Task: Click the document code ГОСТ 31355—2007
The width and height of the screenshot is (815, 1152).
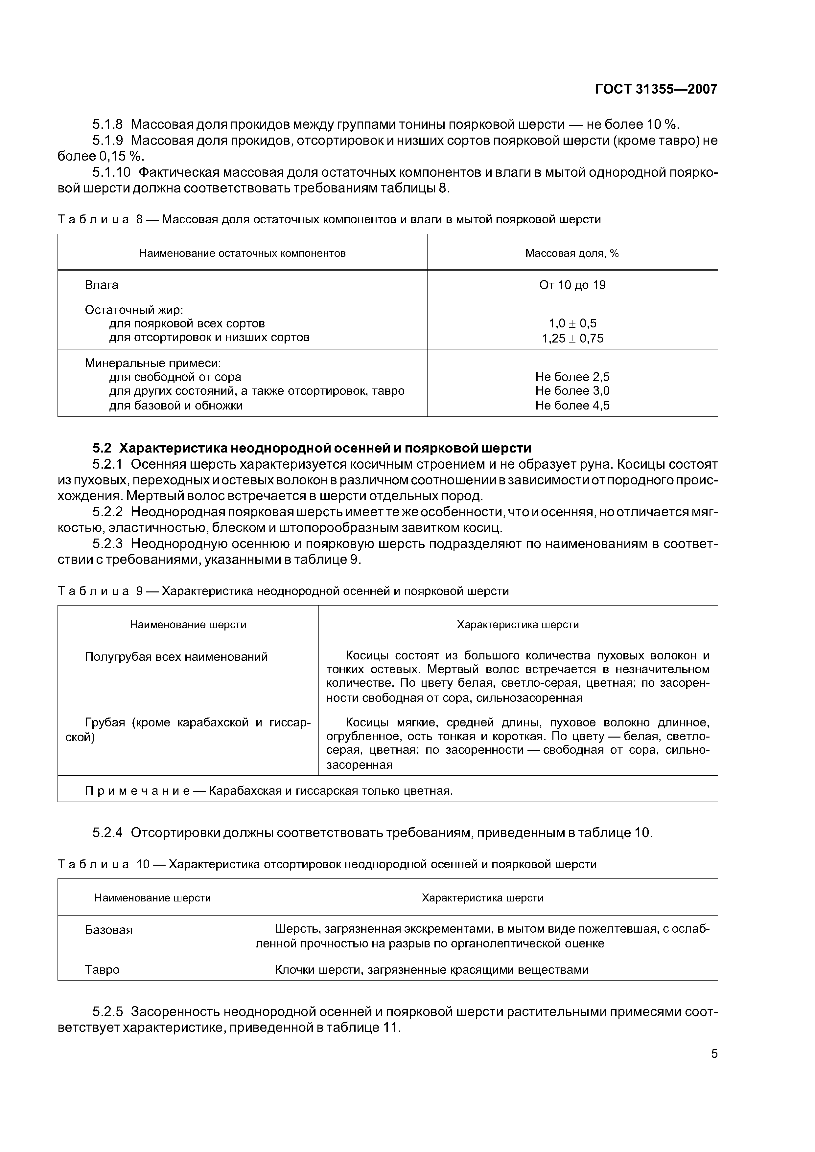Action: tap(656, 89)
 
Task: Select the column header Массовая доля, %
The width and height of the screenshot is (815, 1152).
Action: tap(572, 254)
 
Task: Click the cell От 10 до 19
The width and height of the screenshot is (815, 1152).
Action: tap(572, 285)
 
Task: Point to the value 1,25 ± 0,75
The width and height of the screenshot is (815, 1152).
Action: tap(572, 338)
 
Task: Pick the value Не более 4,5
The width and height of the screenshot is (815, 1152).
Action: tap(572, 406)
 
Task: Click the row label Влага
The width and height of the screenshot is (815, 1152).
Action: tap(102, 285)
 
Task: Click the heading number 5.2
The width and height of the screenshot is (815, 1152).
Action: tap(103, 448)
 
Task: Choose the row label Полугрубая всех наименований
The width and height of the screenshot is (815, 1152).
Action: tap(176, 656)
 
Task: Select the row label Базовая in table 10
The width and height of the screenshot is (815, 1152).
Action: tap(108, 930)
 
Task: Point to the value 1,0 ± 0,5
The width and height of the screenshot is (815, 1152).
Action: tap(572, 323)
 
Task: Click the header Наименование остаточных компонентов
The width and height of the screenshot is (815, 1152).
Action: tap(242, 254)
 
